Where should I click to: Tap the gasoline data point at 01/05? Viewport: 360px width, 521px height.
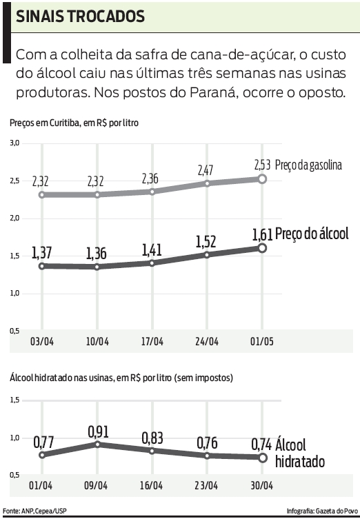click(x=262, y=178)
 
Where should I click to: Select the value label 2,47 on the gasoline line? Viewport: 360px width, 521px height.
click(x=207, y=170)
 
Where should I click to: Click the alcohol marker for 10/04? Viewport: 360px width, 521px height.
click(x=97, y=267)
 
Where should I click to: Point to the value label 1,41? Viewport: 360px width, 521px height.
click(x=152, y=247)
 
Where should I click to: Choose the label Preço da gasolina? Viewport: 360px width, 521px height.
click(x=308, y=165)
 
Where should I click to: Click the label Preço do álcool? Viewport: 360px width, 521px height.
click(x=312, y=233)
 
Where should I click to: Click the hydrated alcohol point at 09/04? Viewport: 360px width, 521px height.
click(x=97, y=444)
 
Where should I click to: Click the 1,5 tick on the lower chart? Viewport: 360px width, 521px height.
click(x=14, y=400)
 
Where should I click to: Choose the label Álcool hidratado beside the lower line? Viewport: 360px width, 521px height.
click(x=299, y=453)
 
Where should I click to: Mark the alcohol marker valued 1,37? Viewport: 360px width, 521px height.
click(x=43, y=266)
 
